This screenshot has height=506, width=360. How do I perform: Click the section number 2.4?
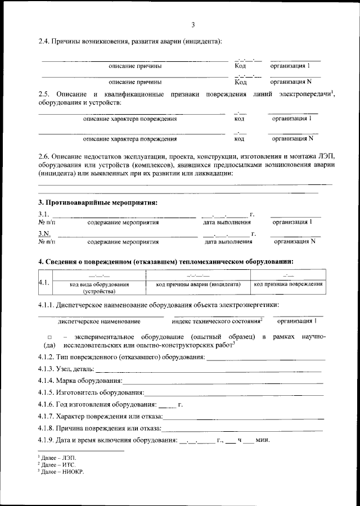point(44,42)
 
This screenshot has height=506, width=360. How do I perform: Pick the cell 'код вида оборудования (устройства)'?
point(100,288)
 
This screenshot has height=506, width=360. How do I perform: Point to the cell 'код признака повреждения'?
point(288,284)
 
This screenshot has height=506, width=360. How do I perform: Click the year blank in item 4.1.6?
point(166,405)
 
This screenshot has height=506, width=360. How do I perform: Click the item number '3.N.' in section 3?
point(45,234)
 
